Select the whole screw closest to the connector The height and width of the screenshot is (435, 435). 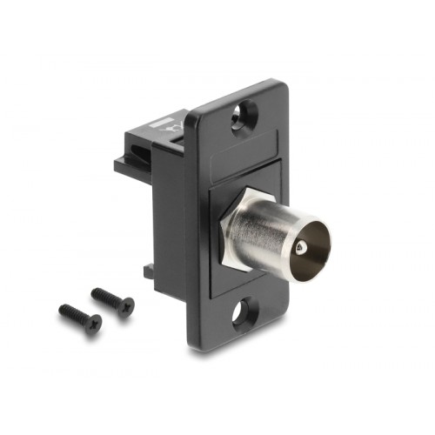pos(113,298)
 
